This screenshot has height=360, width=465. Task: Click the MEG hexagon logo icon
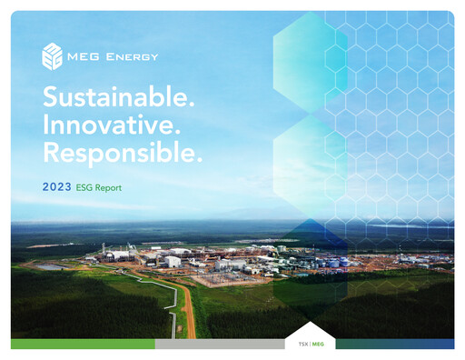point(53,57)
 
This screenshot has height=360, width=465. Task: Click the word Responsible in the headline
point(118,152)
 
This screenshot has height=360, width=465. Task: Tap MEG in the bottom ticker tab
point(317,345)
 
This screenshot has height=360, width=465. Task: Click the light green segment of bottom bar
point(82,345)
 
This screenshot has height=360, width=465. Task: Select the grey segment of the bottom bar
point(218,345)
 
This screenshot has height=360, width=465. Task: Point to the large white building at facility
point(172,262)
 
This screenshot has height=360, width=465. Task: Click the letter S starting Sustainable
point(50,96)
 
